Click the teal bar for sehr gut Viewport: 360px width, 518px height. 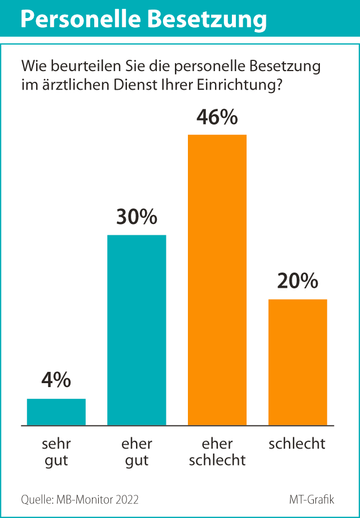coord(56,412)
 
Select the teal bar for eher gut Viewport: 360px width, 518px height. coord(137,330)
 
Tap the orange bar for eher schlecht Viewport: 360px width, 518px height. coord(217,280)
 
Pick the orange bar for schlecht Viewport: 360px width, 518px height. coord(297,362)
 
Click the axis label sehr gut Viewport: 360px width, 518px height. coord(56,451)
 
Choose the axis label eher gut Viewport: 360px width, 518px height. coord(137,451)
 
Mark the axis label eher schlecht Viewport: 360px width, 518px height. coord(217,451)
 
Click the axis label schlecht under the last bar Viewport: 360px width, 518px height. coord(297,444)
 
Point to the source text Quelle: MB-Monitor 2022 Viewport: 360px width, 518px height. coord(80,499)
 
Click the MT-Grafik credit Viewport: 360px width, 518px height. coord(311,499)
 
